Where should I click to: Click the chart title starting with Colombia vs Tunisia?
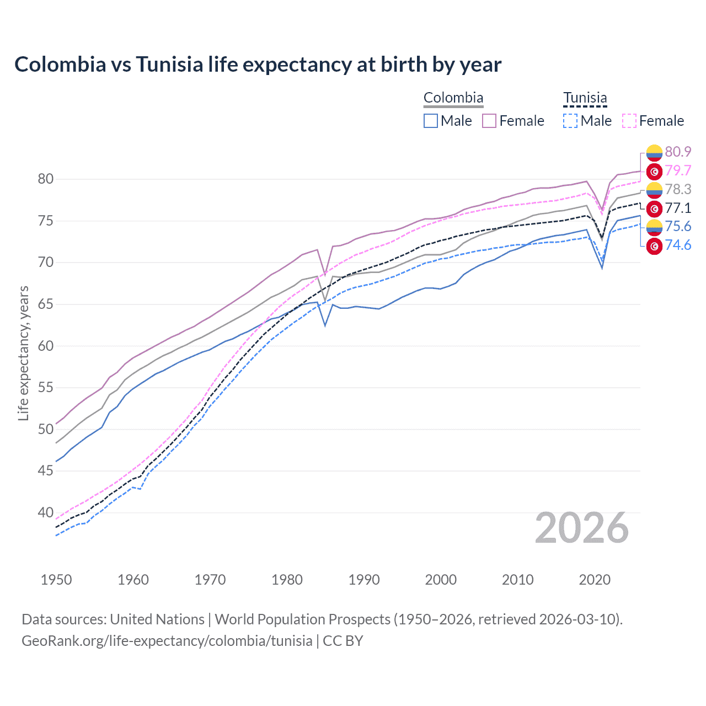click(x=258, y=65)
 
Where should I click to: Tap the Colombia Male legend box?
click(x=431, y=121)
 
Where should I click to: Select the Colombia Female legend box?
click(x=489, y=121)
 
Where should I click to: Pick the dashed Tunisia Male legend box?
click(x=570, y=121)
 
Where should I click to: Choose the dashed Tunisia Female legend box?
click(x=629, y=121)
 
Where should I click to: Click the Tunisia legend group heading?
click(x=585, y=98)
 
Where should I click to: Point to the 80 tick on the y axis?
click(x=45, y=179)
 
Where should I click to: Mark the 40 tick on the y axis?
click(x=45, y=512)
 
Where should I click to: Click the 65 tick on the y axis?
click(x=45, y=304)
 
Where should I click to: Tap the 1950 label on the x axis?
click(x=56, y=580)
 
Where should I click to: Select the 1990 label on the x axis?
click(x=364, y=580)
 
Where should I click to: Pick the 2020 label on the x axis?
click(x=595, y=580)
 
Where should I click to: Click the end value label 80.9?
click(x=678, y=152)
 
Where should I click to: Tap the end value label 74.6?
click(x=678, y=245)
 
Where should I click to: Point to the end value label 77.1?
click(x=678, y=208)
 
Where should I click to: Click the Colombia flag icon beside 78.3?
click(x=654, y=190)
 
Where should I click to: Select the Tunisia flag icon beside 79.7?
click(x=654, y=172)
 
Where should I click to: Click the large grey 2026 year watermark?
click(x=582, y=528)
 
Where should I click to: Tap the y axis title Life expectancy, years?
click(x=23, y=353)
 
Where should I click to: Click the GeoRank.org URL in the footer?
click(x=167, y=641)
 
